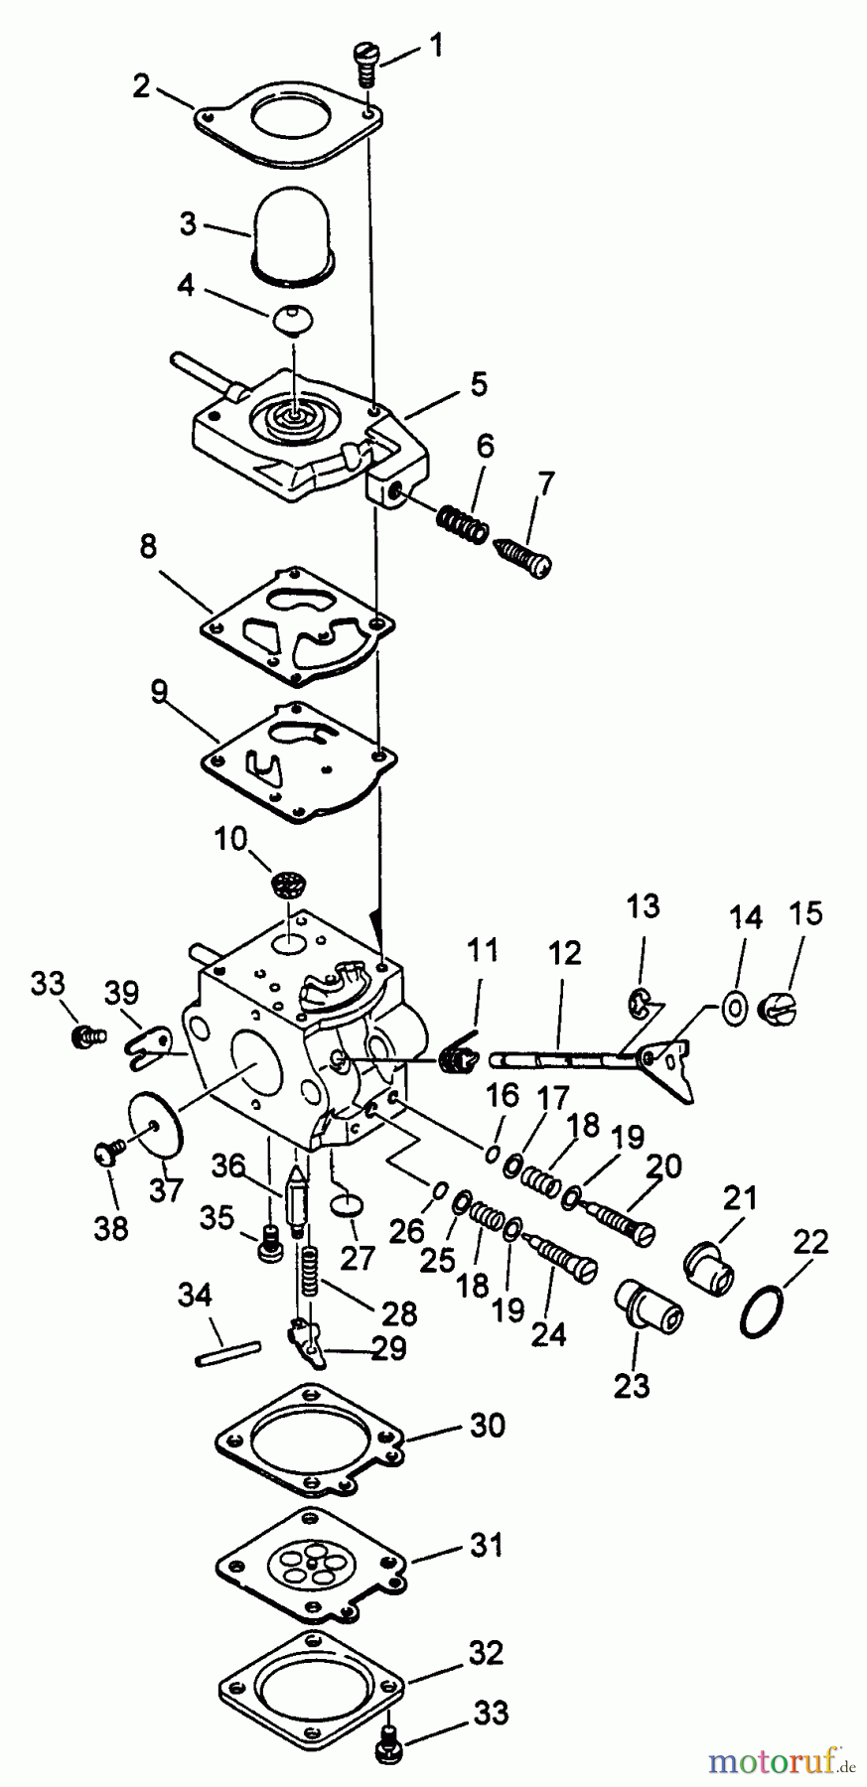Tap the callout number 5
tap(479, 385)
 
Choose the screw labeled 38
tap(105, 1153)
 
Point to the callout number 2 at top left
tap(141, 86)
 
